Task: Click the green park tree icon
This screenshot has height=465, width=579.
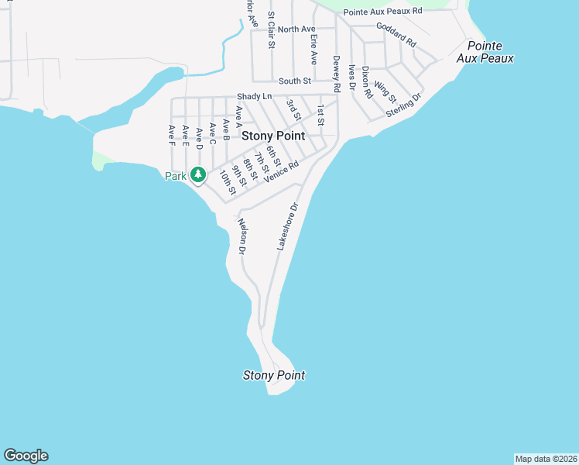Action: [198, 175]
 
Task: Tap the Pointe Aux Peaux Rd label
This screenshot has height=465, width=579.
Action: [383, 11]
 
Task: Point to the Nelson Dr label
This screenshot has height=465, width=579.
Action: [242, 237]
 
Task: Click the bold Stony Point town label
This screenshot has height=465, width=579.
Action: [273, 135]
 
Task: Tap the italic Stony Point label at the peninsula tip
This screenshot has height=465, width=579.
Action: [274, 375]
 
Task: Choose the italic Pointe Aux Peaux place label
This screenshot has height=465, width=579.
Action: [485, 52]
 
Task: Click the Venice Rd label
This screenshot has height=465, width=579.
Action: [281, 172]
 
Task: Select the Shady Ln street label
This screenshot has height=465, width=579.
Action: [255, 96]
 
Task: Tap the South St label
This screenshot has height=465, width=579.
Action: [295, 81]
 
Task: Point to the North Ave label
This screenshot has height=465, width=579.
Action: [297, 29]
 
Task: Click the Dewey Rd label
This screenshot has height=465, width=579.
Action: [337, 74]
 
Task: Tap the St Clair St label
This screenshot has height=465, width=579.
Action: [271, 30]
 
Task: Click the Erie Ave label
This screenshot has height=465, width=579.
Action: [313, 49]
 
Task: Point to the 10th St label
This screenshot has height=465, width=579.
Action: [227, 181]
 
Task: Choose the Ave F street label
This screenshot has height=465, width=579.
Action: [171, 135]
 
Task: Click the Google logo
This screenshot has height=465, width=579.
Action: [26, 456]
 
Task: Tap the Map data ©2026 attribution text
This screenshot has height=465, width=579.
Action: [546, 459]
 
